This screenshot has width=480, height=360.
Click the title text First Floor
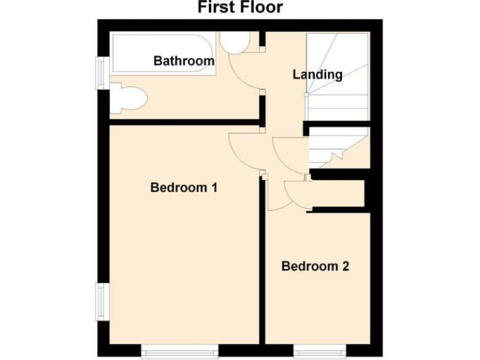[x=240, y=7]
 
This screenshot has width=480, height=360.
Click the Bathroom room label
[x=184, y=61]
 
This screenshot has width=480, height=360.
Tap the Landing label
[x=317, y=74]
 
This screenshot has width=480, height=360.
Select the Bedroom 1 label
[x=184, y=187]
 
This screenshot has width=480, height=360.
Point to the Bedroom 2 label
[x=315, y=267]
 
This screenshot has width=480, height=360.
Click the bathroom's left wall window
[x=100, y=69]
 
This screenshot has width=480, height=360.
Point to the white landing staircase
[x=337, y=75]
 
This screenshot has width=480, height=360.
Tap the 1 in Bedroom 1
[x=214, y=187]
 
